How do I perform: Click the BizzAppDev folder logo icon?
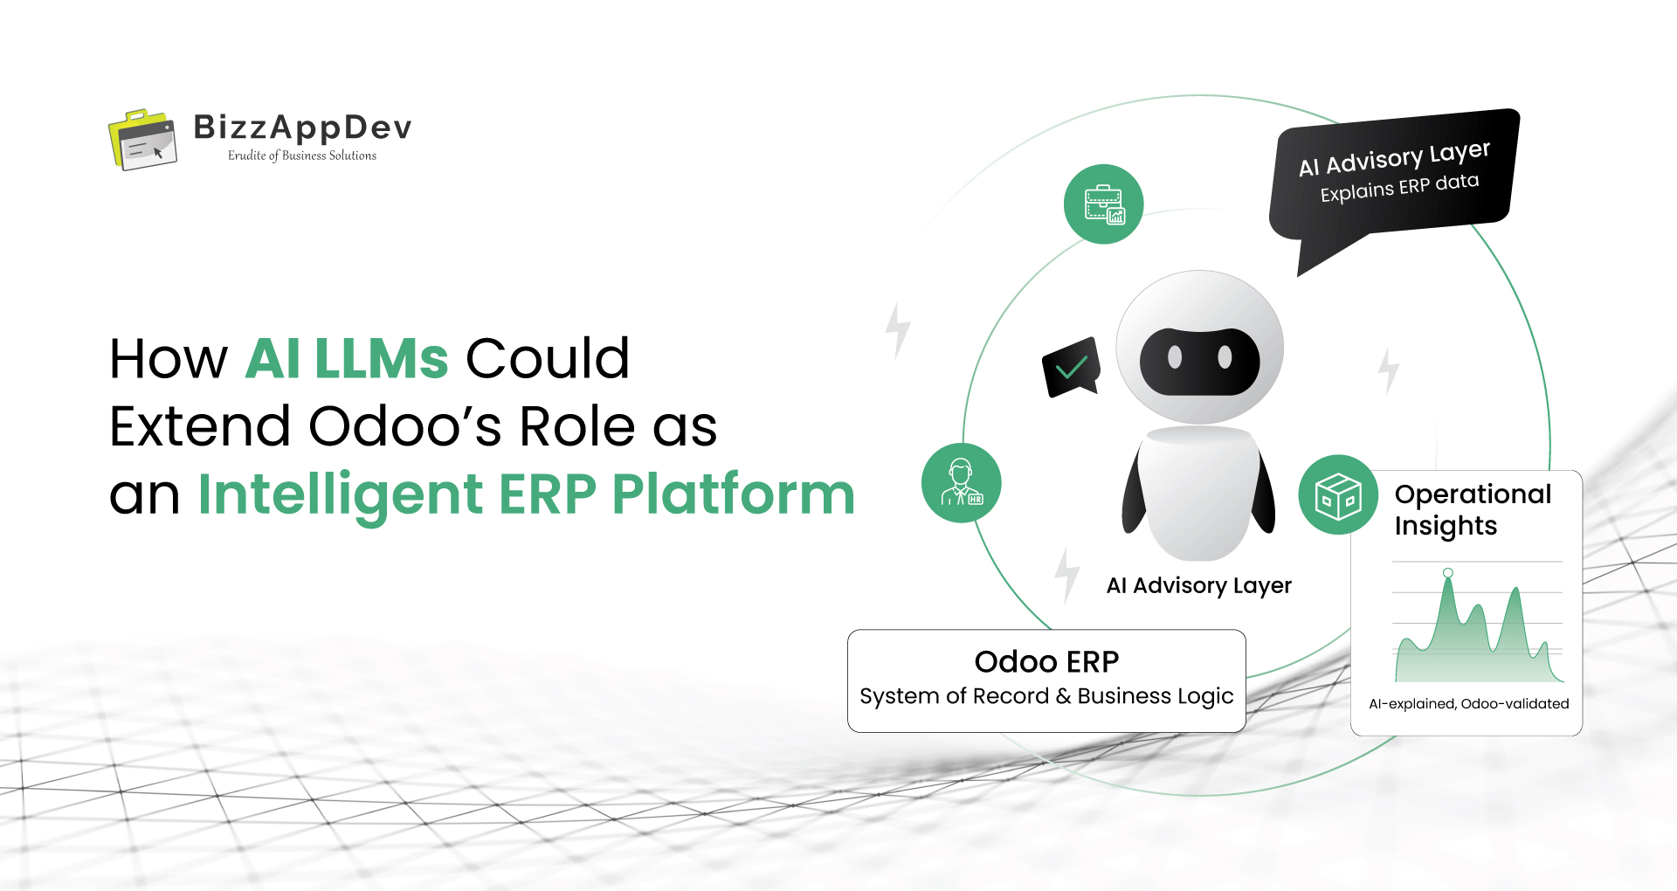[142, 140]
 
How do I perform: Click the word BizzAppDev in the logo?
[302, 128]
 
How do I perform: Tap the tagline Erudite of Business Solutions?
[302, 155]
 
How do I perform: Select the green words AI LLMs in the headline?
[347, 358]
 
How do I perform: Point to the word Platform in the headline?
[733, 494]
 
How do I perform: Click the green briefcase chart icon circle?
[1104, 204]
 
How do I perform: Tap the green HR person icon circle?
[961, 483]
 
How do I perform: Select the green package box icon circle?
[1338, 494]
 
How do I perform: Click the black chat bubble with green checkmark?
[1071, 367]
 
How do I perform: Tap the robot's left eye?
[1175, 357]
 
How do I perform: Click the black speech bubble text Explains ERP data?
[1399, 188]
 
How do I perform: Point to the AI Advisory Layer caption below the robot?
[1198, 585]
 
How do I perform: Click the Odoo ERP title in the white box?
[1046, 662]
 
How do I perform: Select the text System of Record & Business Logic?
[1046, 696]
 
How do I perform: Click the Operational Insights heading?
[1473, 509]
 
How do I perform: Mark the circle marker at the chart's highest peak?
[1448, 573]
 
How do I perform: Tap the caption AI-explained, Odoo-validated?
[1468, 704]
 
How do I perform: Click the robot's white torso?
[1200, 494]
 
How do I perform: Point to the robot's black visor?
[1199, 361]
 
